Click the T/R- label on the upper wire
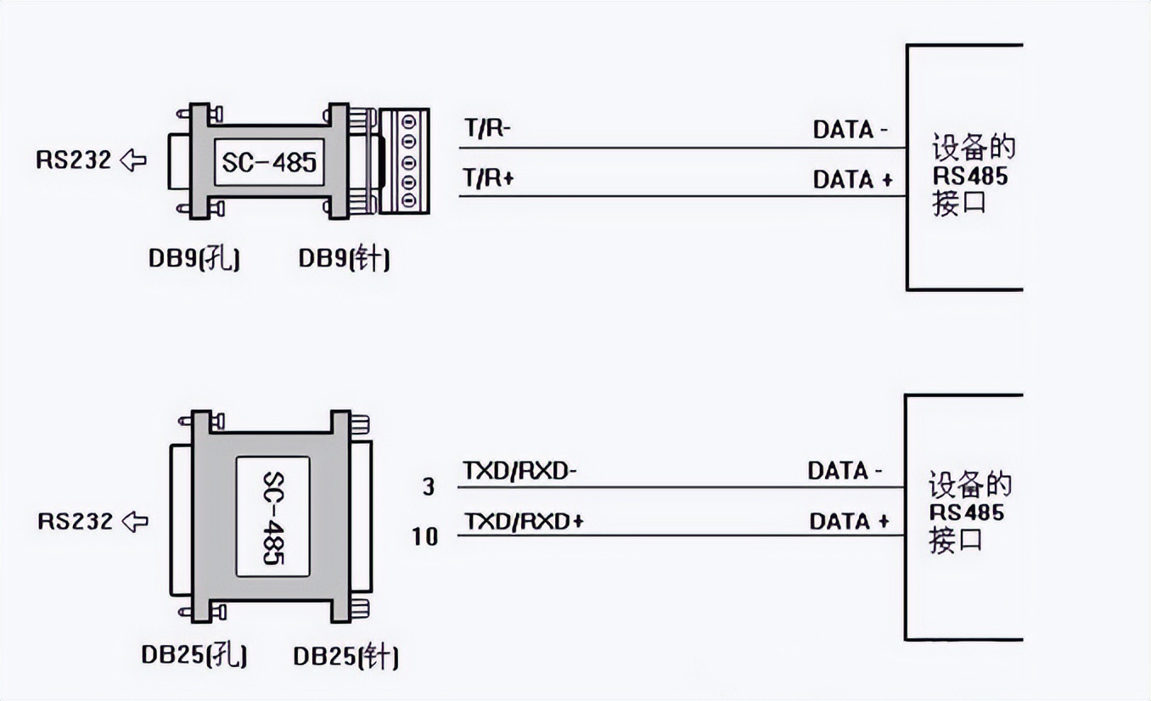[x=487, y=129]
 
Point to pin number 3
[x=428, y=486]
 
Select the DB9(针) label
[x=344, y=260]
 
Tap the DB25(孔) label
[x=194, y=655]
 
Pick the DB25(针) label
[x=345, y=656]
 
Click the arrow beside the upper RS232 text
[x=133, y=159]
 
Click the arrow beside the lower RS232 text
[x=135, y=520]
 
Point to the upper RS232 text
[x=74, y=160]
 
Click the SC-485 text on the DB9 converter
[x=269, y=161]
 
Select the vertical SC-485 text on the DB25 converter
[x=272, y=519]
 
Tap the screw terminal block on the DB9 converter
[x=403, y=161]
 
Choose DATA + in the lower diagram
[x=849, y=521]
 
